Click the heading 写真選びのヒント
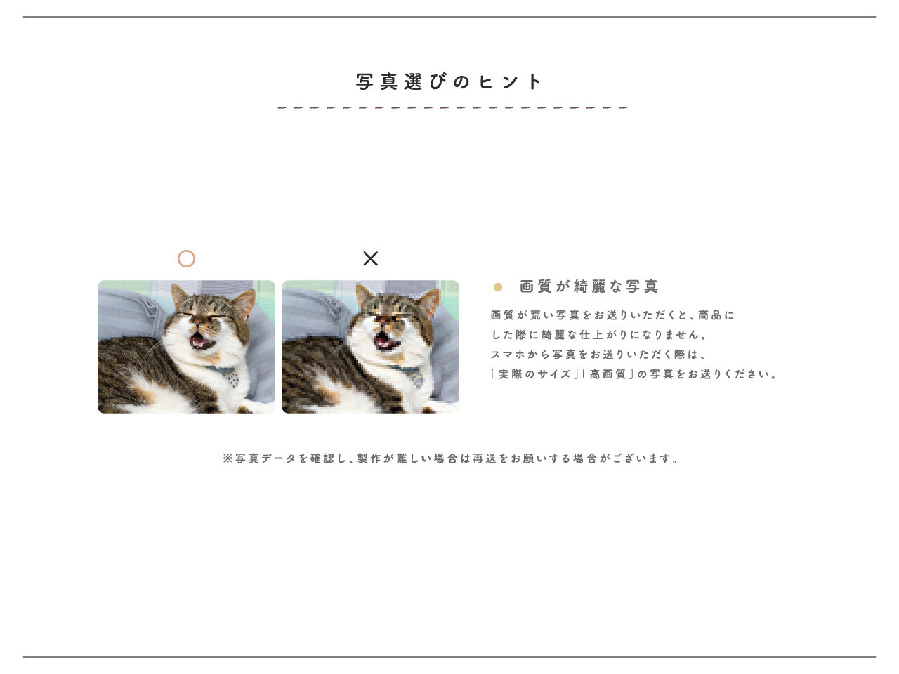point(449,82)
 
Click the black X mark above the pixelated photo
point(371,258)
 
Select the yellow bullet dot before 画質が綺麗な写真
point(498,287)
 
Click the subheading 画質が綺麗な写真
point(589,286)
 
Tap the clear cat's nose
point(198,322)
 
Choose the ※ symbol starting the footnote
point(228,458)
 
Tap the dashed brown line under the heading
point(452,108)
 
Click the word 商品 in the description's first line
point(710,315)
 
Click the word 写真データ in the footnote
point(265,458)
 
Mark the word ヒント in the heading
point(511,82)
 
